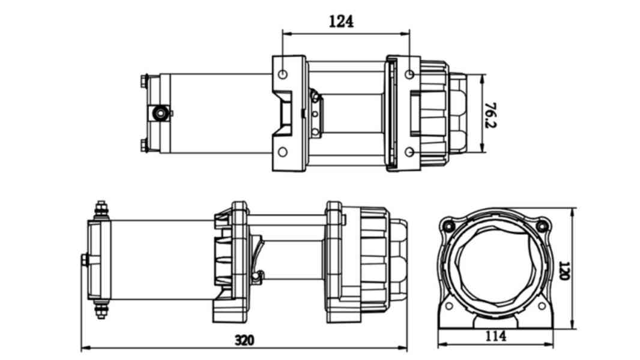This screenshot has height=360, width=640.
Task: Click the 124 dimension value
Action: point(341,22)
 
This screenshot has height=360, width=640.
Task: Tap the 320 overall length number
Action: point(244,340)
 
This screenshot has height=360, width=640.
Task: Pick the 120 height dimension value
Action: point(564,270)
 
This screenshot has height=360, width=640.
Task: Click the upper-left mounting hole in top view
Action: point(283,74)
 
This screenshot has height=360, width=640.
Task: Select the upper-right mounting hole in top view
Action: point(409,74)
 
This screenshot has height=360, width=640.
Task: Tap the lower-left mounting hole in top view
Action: point(283,152)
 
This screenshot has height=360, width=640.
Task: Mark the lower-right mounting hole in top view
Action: point(409,152)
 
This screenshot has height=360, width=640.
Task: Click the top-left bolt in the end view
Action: point(448,226)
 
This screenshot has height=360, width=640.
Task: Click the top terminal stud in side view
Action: point(101,209)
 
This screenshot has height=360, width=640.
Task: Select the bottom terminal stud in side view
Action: point(101,310)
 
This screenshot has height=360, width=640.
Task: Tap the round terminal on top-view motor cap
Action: point(160,113)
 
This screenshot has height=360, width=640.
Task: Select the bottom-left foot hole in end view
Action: point(448,306)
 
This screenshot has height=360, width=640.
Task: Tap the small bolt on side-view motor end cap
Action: point(84,260)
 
